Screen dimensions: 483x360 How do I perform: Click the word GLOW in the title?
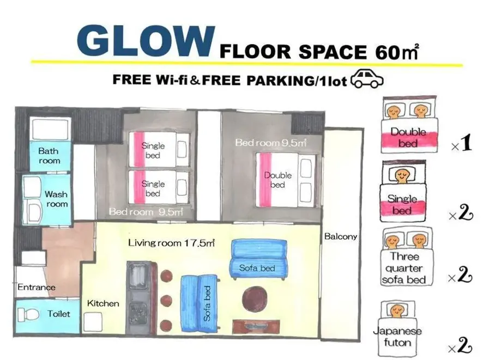coord(146,41)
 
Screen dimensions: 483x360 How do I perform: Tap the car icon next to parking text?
coord(367,79)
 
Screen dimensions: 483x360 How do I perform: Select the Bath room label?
coord(49,156)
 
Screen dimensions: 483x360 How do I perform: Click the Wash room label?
coord(56,199)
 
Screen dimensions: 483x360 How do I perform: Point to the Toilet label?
coord(58,314)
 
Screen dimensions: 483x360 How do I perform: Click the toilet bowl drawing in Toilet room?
coord(28,315)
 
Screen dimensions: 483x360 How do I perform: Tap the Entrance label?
coord(37,287)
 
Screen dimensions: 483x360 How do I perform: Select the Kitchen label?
coord(103,303)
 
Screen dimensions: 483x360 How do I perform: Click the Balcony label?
coord(341,236)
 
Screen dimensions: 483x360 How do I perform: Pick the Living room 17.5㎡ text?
coord(171,243)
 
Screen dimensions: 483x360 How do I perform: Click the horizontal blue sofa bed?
coord(258,259)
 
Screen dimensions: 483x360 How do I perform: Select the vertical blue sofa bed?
coord(200,303)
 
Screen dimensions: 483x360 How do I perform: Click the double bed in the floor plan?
coord(285,180)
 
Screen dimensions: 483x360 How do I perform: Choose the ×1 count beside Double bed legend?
coord(461,143)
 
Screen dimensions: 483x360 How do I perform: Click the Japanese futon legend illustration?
coord(397,328)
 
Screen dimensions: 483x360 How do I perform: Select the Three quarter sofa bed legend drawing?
coord(406,257)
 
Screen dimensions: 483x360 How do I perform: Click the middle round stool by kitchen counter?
coord(166,300)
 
